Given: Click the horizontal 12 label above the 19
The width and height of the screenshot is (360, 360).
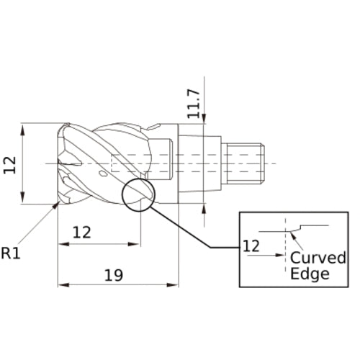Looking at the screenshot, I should (x=84, y=232).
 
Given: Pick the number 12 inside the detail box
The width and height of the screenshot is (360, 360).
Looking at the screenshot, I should (x=251, y=246).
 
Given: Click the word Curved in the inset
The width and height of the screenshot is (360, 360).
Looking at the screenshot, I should (x=318, y=258).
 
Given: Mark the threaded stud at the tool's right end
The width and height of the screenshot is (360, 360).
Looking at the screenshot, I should (x=245, y=163).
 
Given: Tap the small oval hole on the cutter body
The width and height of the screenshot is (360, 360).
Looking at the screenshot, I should (x=103, y=174).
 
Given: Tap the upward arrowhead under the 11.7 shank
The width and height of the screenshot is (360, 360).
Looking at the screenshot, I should (x=205, y=204).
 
